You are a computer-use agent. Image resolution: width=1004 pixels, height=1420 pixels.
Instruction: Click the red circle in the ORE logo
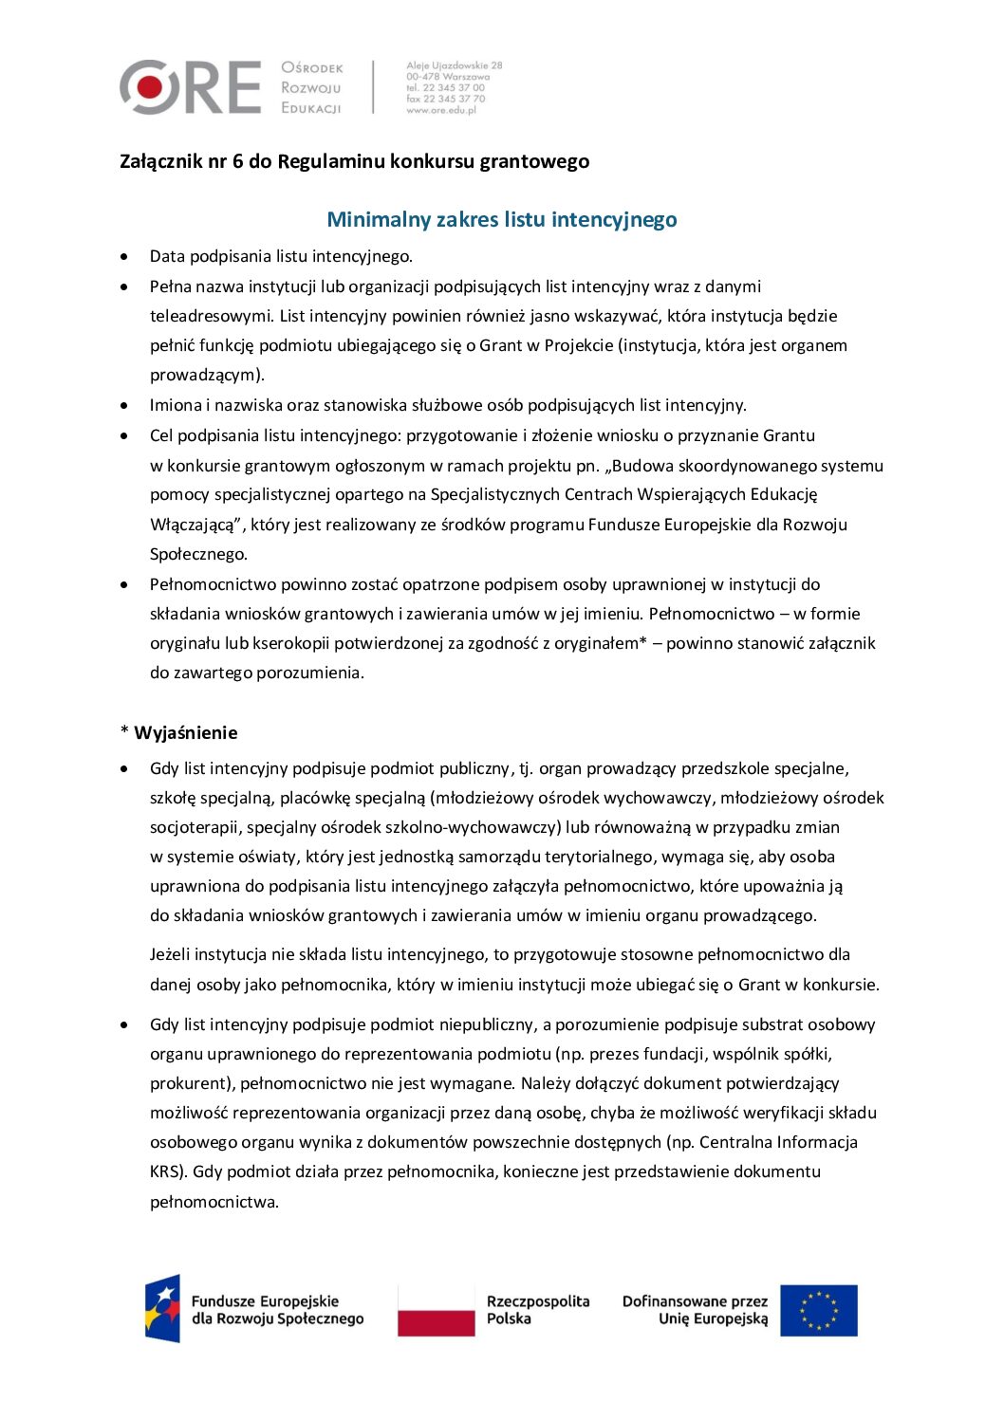(x=149, y=87)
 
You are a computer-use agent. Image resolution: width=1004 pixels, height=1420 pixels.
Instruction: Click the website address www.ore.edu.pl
(x=441, y=110)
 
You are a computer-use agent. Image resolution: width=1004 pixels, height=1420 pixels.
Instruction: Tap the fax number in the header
(x=445, y=99)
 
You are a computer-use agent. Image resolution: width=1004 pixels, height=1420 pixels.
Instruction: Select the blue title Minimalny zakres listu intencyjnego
(x=502, y=219)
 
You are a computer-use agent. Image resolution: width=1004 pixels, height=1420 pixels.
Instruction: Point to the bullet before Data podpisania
(x=124, y=256)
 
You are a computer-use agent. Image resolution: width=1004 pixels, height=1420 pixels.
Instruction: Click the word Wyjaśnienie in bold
(x=186, y=732)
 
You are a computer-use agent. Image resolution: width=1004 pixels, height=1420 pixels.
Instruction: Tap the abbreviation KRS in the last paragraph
(x=164, y=1171)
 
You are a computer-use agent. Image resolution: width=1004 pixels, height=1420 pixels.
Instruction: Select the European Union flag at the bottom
(x=818, y=1311)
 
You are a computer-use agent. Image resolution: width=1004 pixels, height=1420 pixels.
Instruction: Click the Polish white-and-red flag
(x=436, y=1311)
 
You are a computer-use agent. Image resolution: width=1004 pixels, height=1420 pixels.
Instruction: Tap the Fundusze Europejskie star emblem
(x=162, y=1309)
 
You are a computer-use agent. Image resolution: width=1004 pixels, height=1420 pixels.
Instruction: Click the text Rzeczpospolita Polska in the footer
(x=537, y=1310)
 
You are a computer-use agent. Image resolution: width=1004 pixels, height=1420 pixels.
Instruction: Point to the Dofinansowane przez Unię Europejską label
(x=695, y=1310)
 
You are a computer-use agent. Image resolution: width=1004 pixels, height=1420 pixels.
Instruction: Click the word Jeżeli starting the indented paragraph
(x=173, y=954)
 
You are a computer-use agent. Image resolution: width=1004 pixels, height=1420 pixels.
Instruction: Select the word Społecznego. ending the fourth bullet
(x=198, y=554)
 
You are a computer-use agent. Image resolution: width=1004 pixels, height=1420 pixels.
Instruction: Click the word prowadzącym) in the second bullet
(x=207, y=375)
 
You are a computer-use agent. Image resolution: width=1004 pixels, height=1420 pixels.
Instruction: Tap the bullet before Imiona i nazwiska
(x=124, y=406)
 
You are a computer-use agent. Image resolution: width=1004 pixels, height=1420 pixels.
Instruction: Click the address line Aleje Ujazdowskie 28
(x=455, y=65)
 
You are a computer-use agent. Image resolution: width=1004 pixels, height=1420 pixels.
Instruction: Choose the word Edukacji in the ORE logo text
(x=311, y=108)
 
